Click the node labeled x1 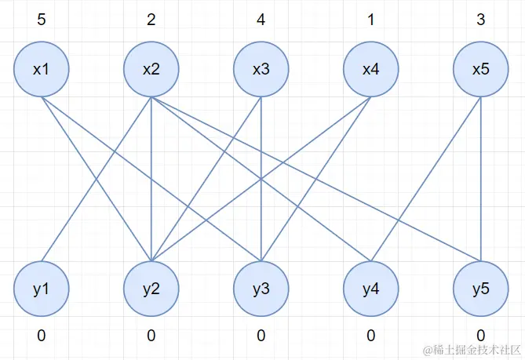41,70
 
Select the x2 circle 151,70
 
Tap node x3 261,70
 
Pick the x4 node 370,70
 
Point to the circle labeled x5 480,70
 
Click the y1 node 41,289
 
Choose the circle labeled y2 151,289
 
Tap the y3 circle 261,289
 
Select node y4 370,289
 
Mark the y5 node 480,289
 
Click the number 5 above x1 41,19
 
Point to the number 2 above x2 151,19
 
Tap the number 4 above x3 261,19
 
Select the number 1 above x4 370,19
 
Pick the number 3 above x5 480,19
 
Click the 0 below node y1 41,336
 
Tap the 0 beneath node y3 261,336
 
